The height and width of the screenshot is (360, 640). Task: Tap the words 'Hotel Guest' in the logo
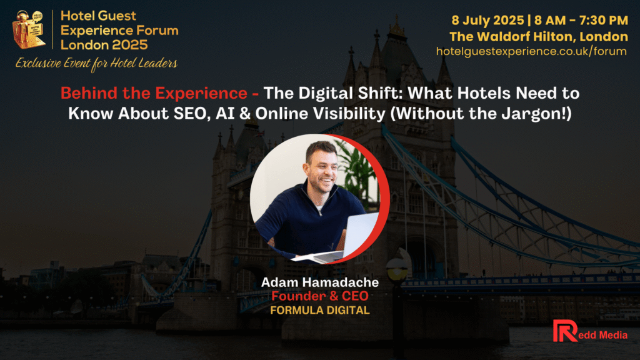[x=98, y=16]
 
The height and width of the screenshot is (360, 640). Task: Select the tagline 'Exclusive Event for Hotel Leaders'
[x=96, y=64]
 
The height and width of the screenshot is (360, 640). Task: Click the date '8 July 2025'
[x=487, y=21]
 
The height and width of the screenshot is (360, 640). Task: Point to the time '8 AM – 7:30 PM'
[x=581, y=21]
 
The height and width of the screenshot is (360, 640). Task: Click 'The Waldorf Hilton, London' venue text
[x=539, y=37]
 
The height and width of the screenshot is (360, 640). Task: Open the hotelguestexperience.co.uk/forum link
[x=531, y=51]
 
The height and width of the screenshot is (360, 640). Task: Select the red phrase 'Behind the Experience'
[x=154, y=93]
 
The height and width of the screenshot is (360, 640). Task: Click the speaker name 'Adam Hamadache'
[x=320, y=282]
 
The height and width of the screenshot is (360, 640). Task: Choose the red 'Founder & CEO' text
[x=320, y=296]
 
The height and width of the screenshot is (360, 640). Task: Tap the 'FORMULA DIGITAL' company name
[x=320, y=310]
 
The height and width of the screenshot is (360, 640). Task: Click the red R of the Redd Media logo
[x=564, y=331]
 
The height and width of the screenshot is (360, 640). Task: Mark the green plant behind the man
[x=357, y=169]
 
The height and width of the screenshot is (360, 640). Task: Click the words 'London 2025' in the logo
[x=104, y=45]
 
